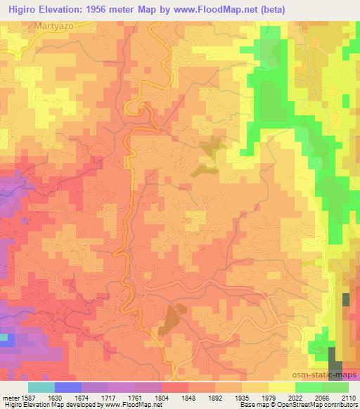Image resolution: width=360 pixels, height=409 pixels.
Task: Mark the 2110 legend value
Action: [x=347, y=397]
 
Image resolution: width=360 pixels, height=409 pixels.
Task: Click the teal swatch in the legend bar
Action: [x=41, y=387]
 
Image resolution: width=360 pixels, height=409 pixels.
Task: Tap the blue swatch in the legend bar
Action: [x=67, y=387]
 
